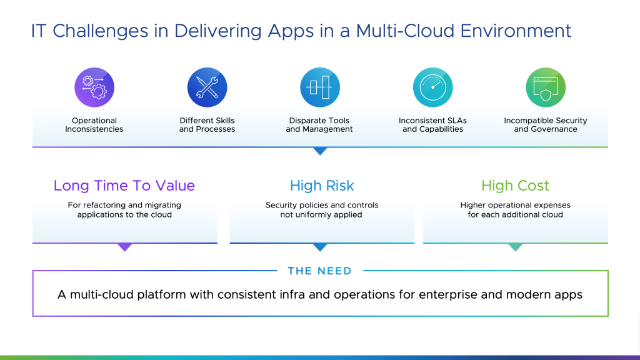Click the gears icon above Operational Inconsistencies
point(94,87)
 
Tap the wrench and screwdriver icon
point(207,87)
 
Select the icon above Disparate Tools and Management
point(319,87)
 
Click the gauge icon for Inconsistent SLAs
point(432,87)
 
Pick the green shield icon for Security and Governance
point(546,87)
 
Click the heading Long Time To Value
point(124,186)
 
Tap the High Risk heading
point(322,186)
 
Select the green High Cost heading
point(515,186)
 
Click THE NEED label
point(319,271)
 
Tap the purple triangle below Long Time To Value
point(125,247)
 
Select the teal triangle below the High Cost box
point(516,247)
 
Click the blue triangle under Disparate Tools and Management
point(320,151)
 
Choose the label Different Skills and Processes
point(207,125)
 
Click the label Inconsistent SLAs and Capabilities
point(432,125)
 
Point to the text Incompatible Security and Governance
point(546,125)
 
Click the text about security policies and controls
point(322,210)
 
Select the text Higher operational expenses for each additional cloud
point(515,210)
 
